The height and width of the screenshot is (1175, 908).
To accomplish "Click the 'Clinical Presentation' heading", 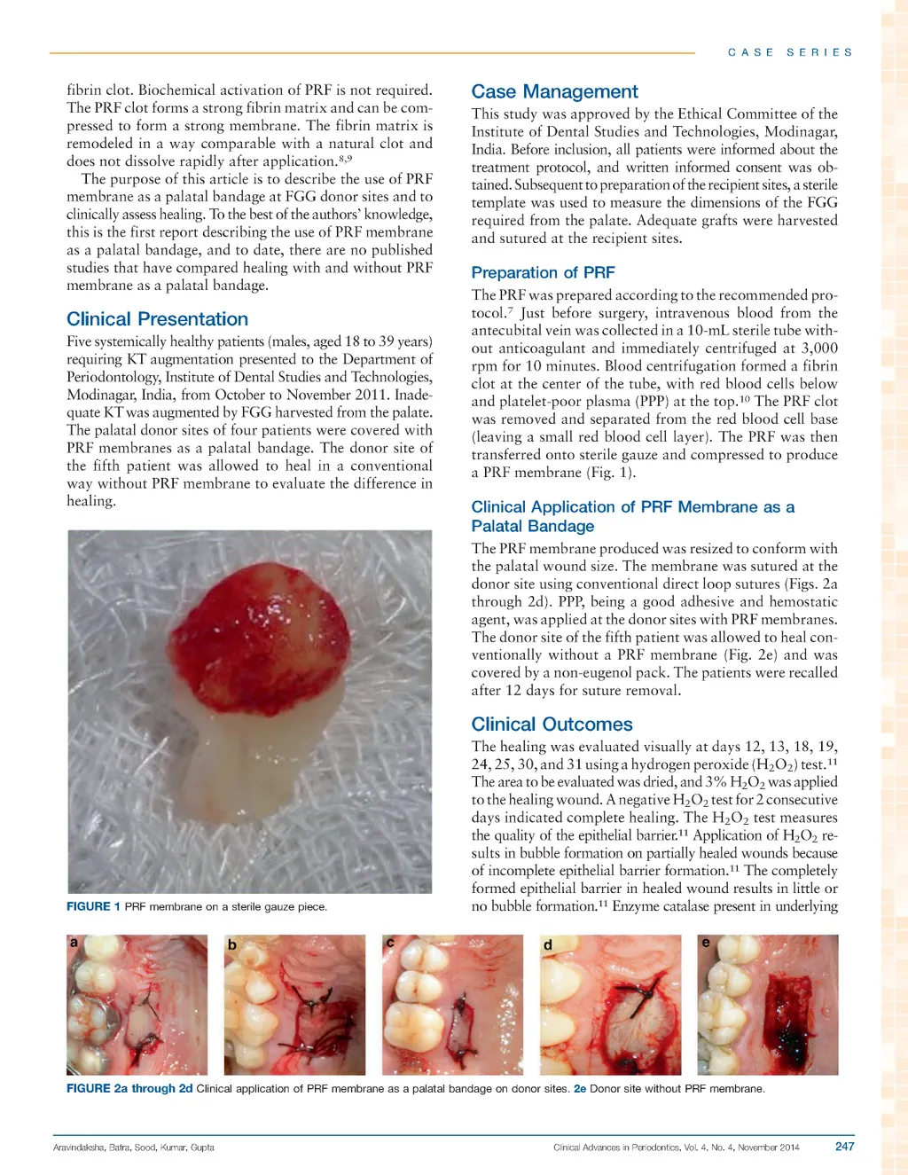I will coord(157,319).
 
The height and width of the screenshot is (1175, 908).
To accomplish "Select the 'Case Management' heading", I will coord(554,91).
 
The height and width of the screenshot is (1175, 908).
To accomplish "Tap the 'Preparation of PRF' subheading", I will coord(543,272).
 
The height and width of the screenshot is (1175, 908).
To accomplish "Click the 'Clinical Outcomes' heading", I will coord(552,725).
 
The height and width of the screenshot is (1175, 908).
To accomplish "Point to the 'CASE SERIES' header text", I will coord(790,52).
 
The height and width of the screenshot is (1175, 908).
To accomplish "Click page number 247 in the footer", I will coord(844,1147).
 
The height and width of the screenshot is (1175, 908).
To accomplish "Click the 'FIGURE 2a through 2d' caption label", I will coord(129,1088).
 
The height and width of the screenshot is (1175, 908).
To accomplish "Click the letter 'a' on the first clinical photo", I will coord(74,943).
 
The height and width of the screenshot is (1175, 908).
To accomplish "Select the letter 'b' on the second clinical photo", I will coord(232,945).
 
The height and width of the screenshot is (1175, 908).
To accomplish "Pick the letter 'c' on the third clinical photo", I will coord(390,943).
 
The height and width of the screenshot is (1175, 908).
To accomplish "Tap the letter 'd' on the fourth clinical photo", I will coord(548,945).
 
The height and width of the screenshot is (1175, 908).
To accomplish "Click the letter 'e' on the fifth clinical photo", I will coord(706,943).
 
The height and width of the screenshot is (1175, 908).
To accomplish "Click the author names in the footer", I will coord(133,1148).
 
